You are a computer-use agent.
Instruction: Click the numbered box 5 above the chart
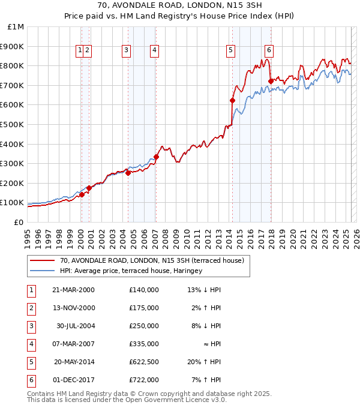231,51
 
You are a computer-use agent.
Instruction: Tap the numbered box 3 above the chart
126,51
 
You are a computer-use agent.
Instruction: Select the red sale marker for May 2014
232,101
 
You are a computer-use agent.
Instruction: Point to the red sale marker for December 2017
271,81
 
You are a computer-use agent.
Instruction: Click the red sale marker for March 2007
156,157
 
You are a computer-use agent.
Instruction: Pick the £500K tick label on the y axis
12,125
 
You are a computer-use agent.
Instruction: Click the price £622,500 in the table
143,362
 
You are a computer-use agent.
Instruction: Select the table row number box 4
30,344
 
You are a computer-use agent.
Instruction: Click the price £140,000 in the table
143,290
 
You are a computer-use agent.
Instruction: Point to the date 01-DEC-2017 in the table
73,380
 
